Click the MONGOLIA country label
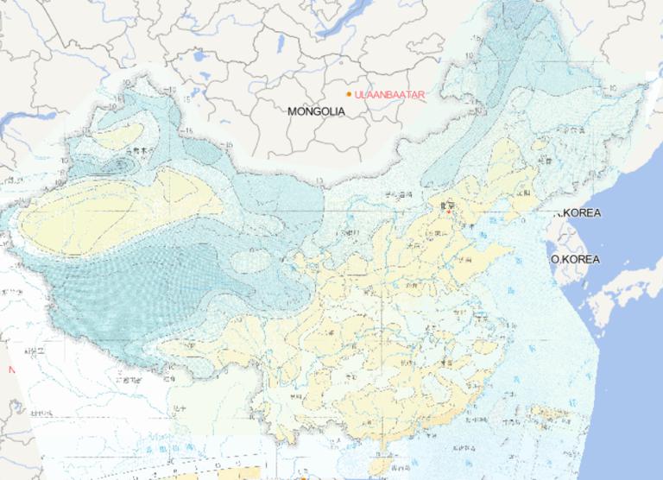[317, 111]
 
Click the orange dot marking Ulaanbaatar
[349, 93]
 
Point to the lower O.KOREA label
[576, 259]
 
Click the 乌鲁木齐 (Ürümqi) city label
[137, 151]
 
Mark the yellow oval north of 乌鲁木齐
[120, 135]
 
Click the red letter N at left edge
[12, 369]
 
